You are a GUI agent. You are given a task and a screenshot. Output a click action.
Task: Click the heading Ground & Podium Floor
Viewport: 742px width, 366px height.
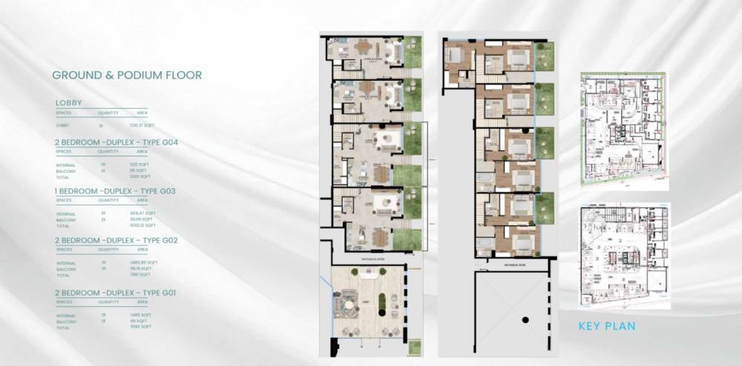[x=127, y=76]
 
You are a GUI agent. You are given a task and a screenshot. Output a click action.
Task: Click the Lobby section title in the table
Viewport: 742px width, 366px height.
[x=68, y=103]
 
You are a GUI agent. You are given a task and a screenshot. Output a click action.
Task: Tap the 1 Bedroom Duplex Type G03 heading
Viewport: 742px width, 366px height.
[x=114, y=191]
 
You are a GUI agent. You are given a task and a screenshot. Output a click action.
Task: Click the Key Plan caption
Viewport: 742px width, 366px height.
[x=607, y=325]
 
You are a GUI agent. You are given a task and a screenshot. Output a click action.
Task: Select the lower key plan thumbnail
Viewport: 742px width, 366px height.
[x=624, y=255]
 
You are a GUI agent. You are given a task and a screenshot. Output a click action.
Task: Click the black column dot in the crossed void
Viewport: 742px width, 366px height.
[x=525, y=319]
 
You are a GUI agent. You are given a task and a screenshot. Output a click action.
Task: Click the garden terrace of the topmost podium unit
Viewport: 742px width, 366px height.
[x=545, y=56]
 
